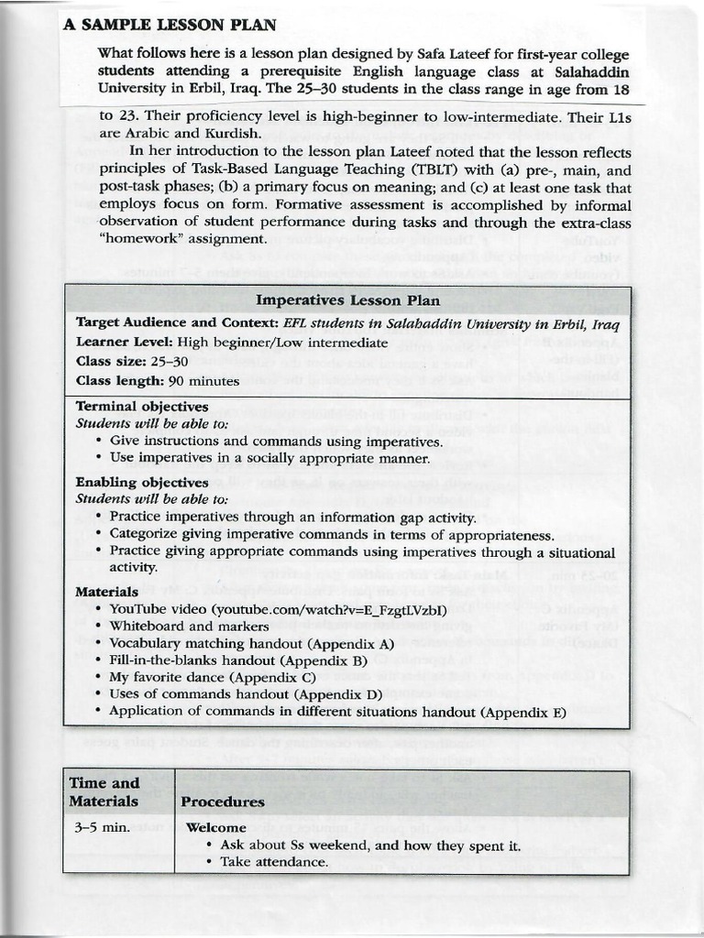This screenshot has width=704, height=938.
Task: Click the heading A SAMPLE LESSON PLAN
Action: click(170, 25)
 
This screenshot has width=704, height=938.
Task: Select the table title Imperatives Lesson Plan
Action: click(347, 300)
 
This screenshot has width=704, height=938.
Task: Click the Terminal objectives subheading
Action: click(142, 406)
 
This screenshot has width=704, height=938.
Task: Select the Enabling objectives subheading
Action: click(142, 482)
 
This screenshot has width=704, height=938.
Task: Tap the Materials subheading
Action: click(106, 592)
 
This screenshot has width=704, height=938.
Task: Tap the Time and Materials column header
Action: click(104, 792)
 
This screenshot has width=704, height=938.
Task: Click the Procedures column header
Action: click(223, 802)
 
